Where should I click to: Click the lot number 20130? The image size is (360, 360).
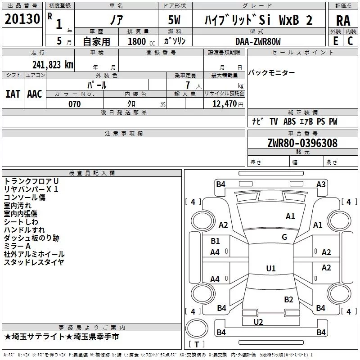[22, 19]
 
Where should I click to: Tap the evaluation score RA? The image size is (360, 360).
[343, 21]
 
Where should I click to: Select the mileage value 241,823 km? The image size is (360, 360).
[53, 65]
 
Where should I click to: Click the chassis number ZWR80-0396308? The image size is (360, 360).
[302, 143]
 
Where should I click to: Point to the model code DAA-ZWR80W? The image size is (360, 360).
[258, 41]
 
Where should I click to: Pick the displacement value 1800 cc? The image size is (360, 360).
[141, 41]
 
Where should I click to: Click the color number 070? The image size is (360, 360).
[75, 104]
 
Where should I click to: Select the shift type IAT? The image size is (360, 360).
[13, 94]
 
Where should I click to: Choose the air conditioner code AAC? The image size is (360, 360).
[35, 94]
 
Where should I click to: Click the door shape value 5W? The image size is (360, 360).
[174, 20]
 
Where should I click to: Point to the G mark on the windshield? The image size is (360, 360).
[284, 237]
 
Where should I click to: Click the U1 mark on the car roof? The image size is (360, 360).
[271, 268]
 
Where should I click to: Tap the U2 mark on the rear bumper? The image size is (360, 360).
[258, 322]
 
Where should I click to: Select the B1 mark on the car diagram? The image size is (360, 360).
[215, 241]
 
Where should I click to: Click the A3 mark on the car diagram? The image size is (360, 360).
[321, 184]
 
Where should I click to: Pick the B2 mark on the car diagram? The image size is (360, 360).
[288, 300]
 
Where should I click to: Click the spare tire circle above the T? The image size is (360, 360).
[197, 328]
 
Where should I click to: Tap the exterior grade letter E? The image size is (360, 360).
[336, 41]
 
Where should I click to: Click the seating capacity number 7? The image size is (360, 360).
[188, 85]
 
